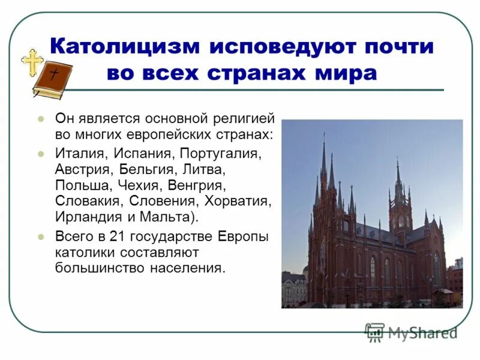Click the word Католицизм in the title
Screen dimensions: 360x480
(x=124, y=46)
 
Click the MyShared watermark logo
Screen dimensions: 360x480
(x=411, y=332)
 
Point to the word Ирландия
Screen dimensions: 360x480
(x=85, y=216)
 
